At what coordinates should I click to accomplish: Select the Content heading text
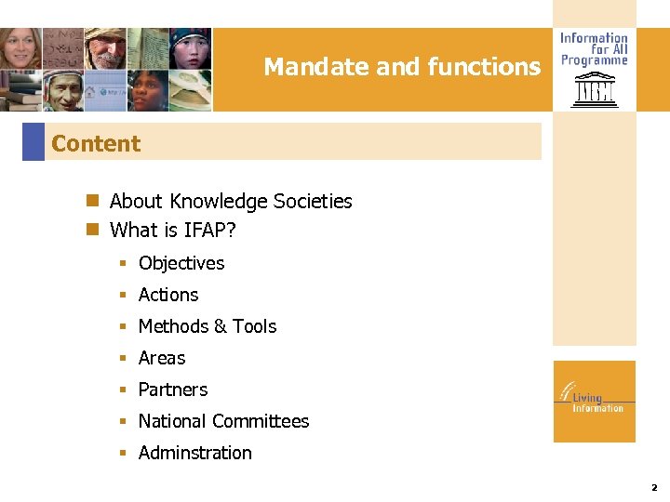point(96,144)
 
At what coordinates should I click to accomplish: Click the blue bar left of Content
point(33,142)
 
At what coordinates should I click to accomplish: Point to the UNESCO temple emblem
point(594,90)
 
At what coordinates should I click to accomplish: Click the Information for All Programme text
point(594,49)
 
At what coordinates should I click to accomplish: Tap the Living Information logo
point(594,400)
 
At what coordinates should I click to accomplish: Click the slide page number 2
point(654,487)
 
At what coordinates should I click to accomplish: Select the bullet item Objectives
point(181,263)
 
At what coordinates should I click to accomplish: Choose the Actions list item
point(168,295)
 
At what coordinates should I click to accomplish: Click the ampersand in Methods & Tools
point(221,326)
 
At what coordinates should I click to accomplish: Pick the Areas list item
point(162,358)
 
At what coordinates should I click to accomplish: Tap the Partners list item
point(173,390)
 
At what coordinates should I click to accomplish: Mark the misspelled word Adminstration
point(195,453)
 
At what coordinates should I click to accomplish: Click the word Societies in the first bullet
point(309,201)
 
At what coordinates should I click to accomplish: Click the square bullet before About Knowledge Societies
point(92,201)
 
